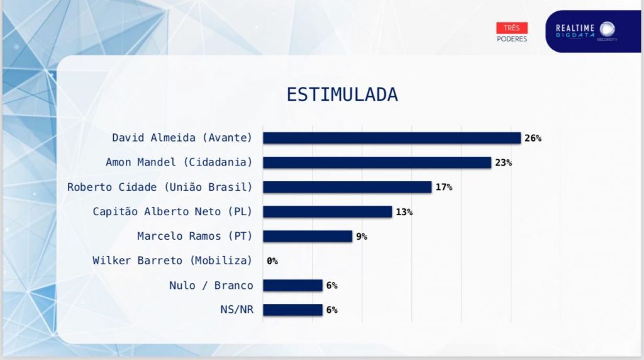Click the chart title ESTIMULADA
(x=342, y=94)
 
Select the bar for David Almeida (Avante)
(x=391, y=138)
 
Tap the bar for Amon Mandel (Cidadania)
(x=376, y=162)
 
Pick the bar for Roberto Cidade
(x=347, y=187)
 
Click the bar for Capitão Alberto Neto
(x=327, y=211)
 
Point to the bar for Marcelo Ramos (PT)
(x=307, y=236)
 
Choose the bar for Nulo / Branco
(x=292, y=285)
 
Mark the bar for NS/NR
(x=292, y=310)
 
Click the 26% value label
(x=533, y=138)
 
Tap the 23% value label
(x=503, y=162)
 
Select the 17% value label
(x=443, y=187)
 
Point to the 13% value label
(x=404, y=211)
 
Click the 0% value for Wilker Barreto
(x=272, y=261)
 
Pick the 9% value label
(x=361, y=236)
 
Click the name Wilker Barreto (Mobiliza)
(x=172, y=261)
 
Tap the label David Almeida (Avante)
(x=182, y=138)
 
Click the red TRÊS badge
(x=512, y=28)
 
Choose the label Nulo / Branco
(x=211, y=285)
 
